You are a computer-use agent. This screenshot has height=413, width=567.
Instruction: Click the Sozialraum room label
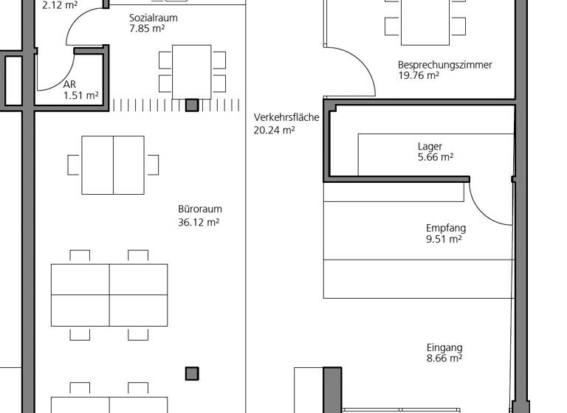[x=153, y=18]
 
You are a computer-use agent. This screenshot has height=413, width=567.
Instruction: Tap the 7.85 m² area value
[x=147, y=29]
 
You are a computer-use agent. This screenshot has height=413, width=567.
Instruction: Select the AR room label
[x=70, y=85]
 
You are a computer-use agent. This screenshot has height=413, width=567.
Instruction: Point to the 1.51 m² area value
[x=80, y=95]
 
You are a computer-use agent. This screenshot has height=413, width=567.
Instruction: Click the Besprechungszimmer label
[x=444, y=65]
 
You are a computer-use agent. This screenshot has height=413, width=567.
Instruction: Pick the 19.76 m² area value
[x=419, y=75]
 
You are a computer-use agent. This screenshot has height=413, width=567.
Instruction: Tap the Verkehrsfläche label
[x=286, y=118]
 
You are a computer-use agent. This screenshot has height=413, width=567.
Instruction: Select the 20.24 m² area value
[x=274, y=129]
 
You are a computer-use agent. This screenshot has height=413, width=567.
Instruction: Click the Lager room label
[x=430, y=147]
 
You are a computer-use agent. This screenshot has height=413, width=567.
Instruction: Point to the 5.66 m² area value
[x=435, y=157]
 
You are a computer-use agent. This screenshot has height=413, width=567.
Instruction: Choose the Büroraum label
[x=199, y=209]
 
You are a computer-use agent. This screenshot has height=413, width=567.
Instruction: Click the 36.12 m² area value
[x=199, y=221]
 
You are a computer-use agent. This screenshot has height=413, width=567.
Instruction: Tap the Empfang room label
[x=446, y=229]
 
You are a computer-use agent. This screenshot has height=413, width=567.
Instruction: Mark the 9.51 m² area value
[x=444, y=239]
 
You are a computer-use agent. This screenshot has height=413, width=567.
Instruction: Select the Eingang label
[x=444, y=348]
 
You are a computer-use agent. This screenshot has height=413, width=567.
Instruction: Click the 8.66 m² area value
[x=444, y=359]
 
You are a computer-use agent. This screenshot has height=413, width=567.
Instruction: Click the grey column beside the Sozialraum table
[x=192, y=105]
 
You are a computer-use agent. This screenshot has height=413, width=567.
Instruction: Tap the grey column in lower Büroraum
[x=192, y=374]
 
